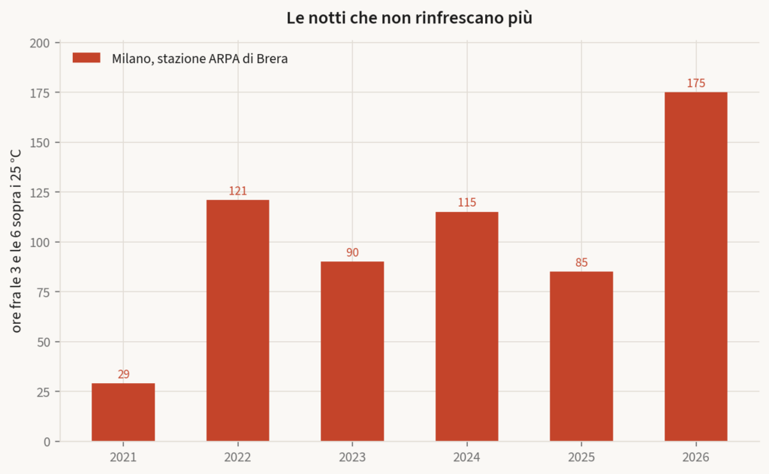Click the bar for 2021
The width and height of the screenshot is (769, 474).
123,412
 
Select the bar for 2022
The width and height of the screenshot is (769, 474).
238,321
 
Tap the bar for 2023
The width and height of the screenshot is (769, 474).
352,352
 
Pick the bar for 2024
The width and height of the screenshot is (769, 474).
467,326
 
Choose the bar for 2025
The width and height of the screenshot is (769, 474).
581,356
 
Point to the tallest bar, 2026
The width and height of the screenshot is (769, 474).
696,267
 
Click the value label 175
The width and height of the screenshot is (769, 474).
696,83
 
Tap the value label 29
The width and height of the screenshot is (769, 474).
124,374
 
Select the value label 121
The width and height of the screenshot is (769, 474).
238,191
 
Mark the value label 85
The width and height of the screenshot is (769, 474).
582,262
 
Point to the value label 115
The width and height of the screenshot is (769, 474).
467,203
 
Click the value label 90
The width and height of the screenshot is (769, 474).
353,252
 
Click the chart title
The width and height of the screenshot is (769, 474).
409,18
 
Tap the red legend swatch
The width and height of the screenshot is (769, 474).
86,58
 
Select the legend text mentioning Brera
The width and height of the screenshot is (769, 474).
200,59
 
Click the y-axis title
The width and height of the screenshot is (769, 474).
16,241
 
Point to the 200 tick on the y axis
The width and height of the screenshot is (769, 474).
40,43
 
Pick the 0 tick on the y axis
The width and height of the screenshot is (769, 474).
47,442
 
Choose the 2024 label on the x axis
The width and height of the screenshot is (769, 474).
467,457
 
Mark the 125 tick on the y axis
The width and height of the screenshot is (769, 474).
40,193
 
